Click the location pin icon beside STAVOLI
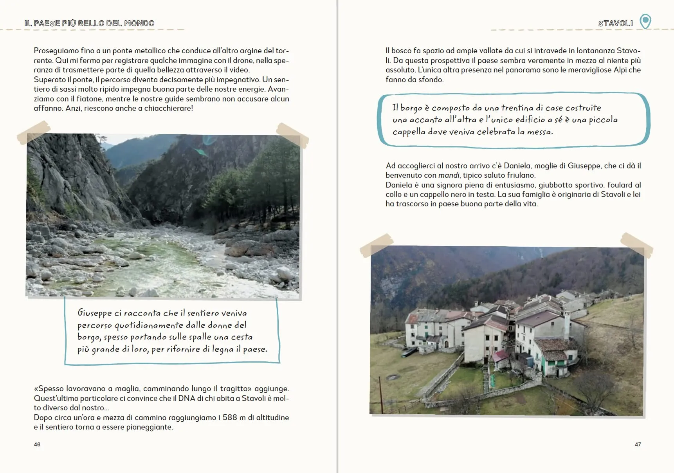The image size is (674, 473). tap(645, 21)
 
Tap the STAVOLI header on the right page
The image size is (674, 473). tap(615, 23)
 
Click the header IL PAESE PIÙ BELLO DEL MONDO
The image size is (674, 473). tap(89, 23)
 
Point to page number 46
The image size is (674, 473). tap(37, 444)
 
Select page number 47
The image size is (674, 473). tap(638, 444)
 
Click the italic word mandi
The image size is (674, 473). tap(449, 175)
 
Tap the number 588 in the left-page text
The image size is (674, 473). tap(230, 417)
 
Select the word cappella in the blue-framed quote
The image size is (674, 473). tap(409, 132)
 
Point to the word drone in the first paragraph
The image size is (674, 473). tap(243, 60)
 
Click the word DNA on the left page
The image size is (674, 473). tap(186, 398)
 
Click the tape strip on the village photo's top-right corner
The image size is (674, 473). tap(636, 244)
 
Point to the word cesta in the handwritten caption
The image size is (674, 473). tap(241, 337)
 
